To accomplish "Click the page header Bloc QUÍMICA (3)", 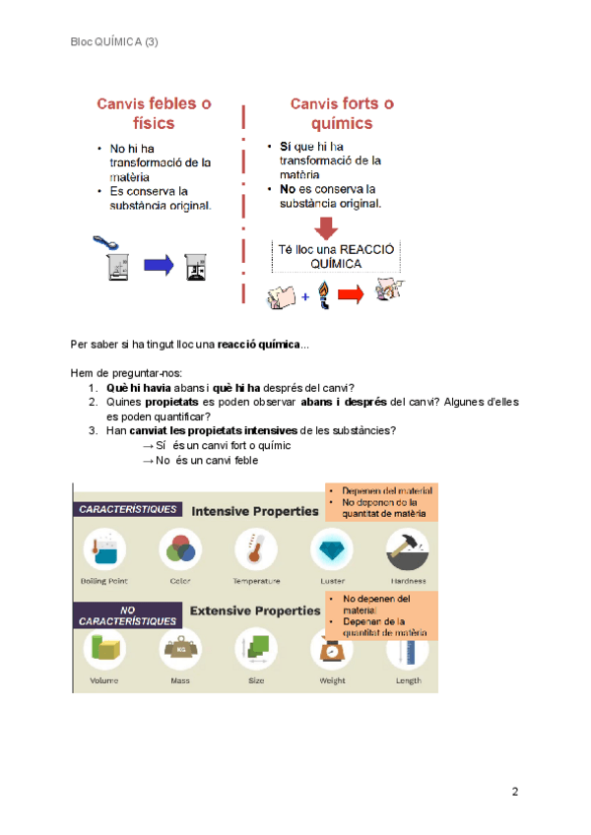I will pos(114,42).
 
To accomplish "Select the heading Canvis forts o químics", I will pos(342,113).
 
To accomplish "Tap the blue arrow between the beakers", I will pos(159,265).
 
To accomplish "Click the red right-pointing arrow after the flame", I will pos(352,292).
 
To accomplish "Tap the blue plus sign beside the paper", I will pos(306,294).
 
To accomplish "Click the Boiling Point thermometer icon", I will pos(103,549).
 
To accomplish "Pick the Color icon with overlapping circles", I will pos(179,549).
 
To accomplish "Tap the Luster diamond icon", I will pos(332,549).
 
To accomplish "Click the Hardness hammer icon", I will pos(408,548).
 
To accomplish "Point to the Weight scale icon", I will pos(331,650).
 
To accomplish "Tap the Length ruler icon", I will pos(408,650).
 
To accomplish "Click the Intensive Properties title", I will pos(255,511).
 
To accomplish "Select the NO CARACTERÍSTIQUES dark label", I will pos(128,615).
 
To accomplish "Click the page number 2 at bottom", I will pos(515,792).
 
